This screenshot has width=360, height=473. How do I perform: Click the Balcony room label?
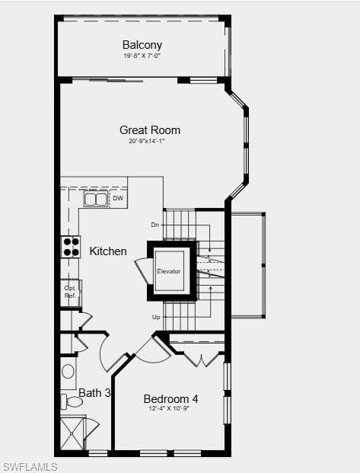coord(142,45)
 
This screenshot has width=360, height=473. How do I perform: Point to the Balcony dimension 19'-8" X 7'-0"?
coord(142,56)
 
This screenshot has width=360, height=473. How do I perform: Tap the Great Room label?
coord(150,130)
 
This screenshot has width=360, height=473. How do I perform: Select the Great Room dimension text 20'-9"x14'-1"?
coord(147,141)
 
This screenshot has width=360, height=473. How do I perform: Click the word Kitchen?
coord(108,251)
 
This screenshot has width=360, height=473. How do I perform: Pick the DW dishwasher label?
coord(118,198)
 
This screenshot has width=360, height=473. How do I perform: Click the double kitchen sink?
coord(96,199)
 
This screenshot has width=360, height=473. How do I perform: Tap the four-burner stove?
coord(71,247)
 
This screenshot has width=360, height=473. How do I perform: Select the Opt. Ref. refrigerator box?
coord(71,292)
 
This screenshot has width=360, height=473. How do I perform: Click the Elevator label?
coord(169,271)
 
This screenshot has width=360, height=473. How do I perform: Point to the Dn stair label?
coord(155,225)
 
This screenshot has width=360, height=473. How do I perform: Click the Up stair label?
coord(156,317)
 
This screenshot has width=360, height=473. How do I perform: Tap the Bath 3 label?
coord(94,393)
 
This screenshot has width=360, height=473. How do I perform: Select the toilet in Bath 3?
coord(72,401)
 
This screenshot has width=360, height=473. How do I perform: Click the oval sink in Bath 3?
coord(68,372)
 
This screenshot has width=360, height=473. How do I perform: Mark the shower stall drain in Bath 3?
coord(72,434)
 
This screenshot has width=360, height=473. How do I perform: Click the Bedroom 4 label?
coord(170,399)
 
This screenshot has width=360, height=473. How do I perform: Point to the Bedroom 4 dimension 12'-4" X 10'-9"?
coord(169,409)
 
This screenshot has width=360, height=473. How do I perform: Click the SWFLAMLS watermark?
coord(29,467)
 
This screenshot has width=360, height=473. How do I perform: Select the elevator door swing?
coord(142,270)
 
